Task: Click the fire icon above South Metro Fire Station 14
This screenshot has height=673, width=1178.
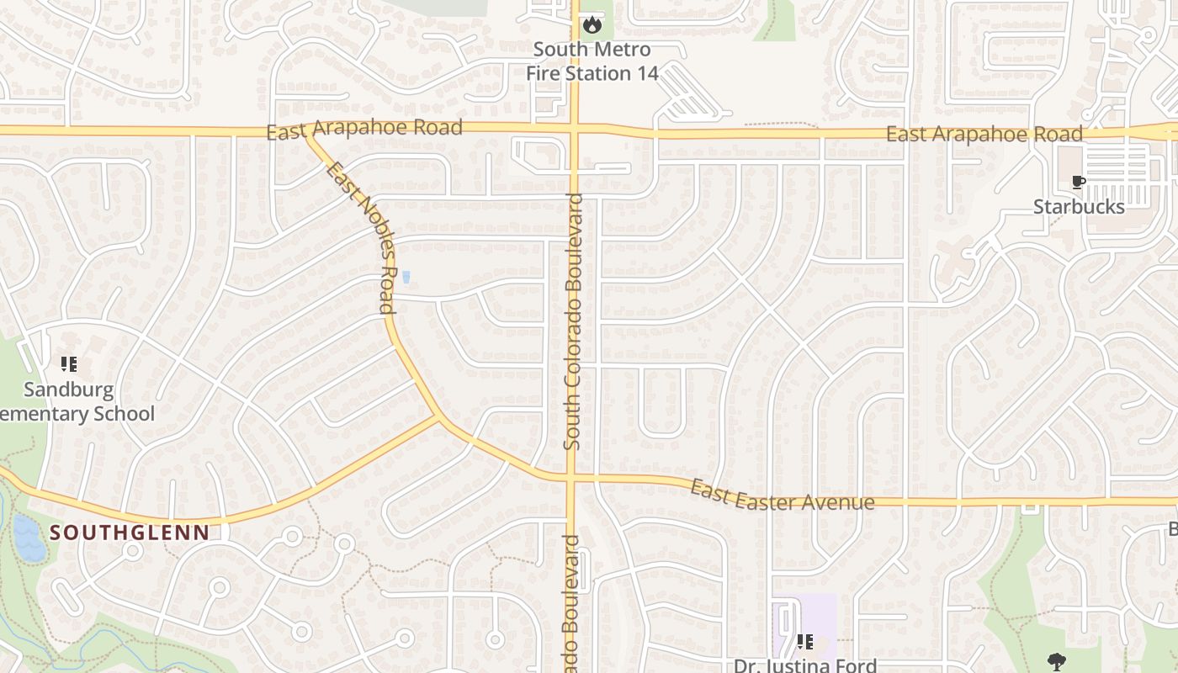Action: tap(592, 24)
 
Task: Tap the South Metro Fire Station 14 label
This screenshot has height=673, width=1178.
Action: tap(592, 61)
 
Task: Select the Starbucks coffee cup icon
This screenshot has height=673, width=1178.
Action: tap(1078, 182)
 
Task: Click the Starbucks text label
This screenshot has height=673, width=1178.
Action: tap(1079, 207)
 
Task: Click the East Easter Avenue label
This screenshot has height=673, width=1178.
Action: tap(783, 495)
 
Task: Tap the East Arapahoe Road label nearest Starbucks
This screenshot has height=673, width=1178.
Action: tap(984, 135)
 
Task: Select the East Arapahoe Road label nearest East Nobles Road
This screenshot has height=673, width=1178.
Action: tap(364, 129)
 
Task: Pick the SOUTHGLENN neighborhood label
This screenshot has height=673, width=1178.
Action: tap(129, 533)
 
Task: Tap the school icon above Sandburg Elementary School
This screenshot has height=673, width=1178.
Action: tap(69, 364)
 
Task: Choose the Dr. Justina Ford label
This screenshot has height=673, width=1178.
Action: tap(805, 665)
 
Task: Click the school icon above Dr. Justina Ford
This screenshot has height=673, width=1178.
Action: tap(804, 642)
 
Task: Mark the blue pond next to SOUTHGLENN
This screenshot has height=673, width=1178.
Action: tap(29, 538)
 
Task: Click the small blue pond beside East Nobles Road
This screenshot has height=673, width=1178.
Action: tap(406, 277)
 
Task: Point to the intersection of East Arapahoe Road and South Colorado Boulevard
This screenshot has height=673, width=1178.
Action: tap(574, 130)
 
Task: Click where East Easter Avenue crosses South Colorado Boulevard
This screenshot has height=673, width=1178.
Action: tap(570, 479)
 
